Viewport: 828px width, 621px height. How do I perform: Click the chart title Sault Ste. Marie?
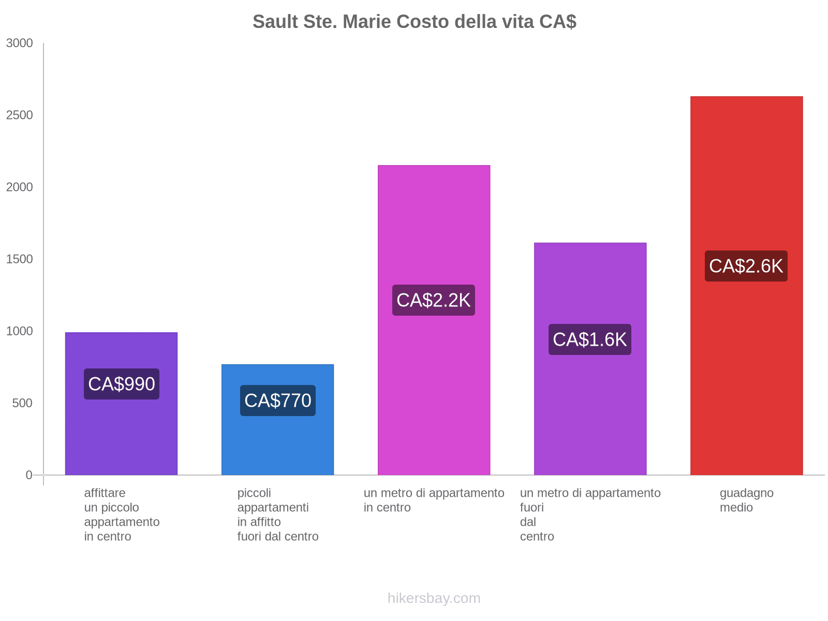click(414, 22)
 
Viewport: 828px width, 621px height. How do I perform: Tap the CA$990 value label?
click(122, 384)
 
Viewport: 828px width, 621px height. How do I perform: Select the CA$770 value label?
click(278, 401)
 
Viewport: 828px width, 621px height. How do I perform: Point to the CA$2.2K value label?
click(434, 300)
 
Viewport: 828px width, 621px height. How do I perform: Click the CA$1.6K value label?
click(590, 339)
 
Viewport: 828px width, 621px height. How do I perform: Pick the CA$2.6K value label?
click(746, 266)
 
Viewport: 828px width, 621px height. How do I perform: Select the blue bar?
click(278, 445)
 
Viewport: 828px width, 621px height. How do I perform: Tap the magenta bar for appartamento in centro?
click(434, 217)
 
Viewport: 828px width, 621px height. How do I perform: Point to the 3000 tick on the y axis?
click(20, 43)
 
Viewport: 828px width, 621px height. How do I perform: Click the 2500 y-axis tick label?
click(20, 115)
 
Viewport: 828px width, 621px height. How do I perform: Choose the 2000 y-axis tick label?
click(20, 187)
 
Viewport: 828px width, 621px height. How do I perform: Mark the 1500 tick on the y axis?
click(20, 259)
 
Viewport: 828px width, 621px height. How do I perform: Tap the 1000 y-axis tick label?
click(20, 331)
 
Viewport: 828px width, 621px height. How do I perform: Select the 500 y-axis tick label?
click(23, 403)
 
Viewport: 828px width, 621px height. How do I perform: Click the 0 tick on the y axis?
click(29, 475)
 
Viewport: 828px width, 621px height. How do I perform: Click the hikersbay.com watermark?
click(434, 598)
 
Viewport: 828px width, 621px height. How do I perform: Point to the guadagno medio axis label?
click(746, 500)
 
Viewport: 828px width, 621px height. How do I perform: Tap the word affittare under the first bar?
click(105, 493)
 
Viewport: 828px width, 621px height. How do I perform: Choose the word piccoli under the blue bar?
click(254, 493)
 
